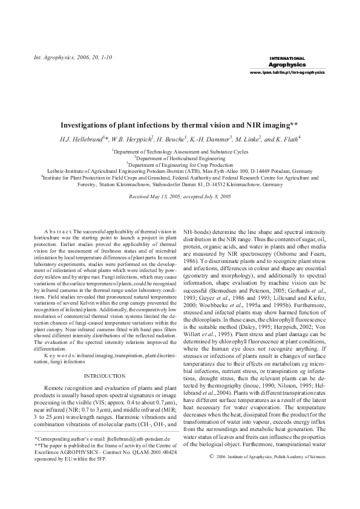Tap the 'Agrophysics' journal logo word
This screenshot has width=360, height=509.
point(287,63)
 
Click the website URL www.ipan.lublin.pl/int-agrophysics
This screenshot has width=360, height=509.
point(287,72)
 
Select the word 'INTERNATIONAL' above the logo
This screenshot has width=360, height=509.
point(287,58)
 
